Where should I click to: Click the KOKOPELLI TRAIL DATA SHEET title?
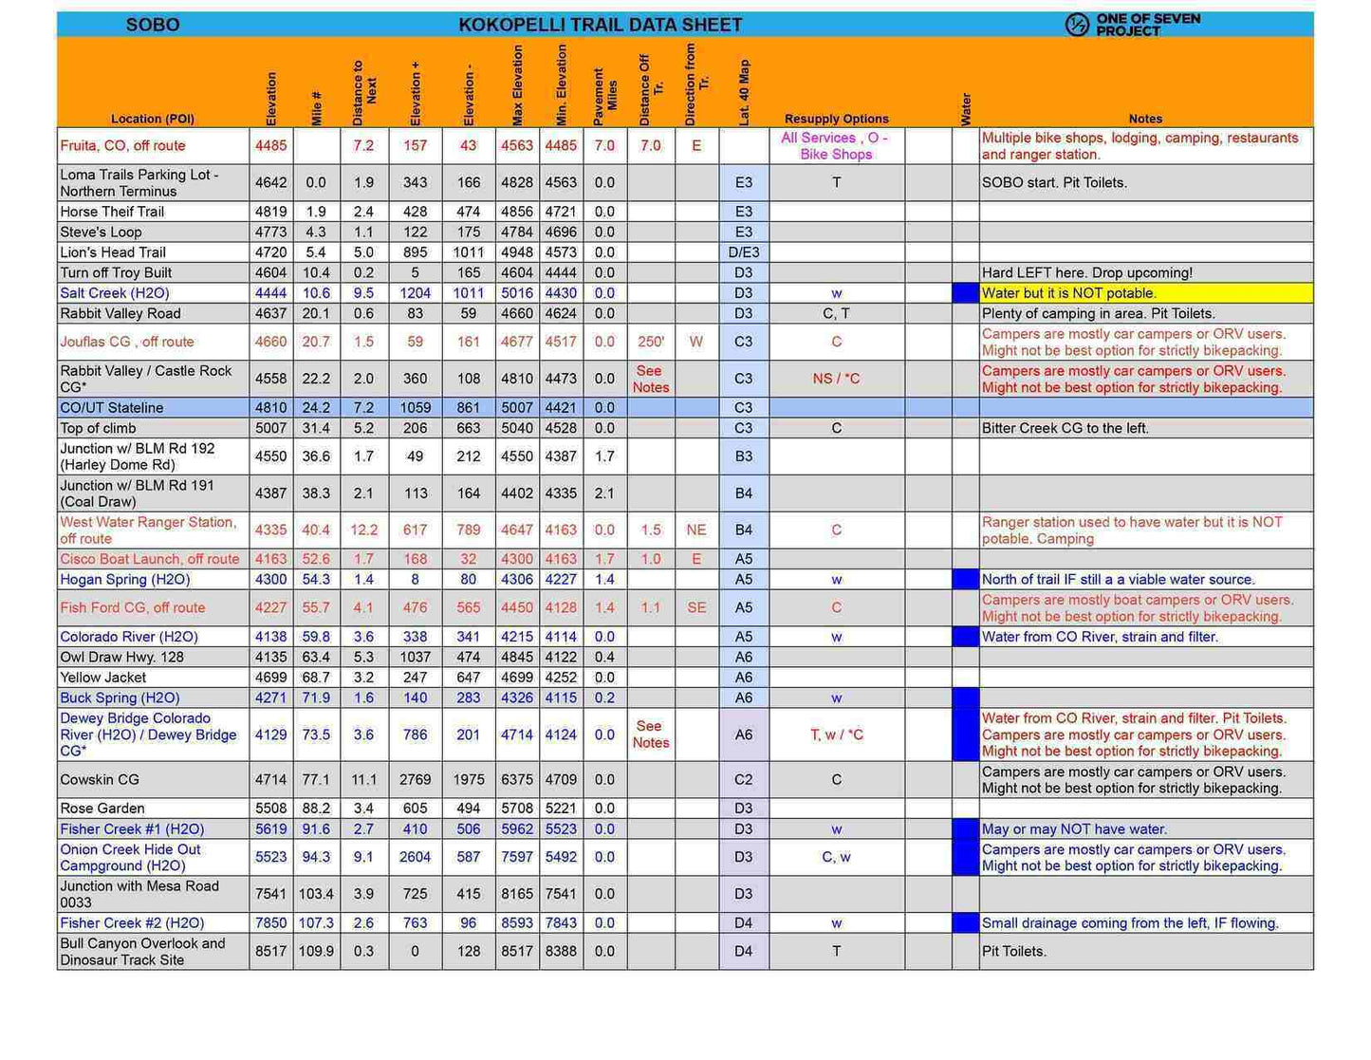coord(600,25)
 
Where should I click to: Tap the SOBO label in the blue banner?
coord(153,25)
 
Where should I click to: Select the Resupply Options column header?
coord(836,119)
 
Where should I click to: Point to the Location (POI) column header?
coord(153,119)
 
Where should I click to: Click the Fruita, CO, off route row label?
coord(122,145)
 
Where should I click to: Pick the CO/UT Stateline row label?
coord(112,408)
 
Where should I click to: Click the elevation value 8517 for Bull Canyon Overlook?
coord(270,951)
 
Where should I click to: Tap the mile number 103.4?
coord(316,894)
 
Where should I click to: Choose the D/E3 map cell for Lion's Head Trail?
coord(744,252)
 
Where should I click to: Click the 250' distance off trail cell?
coord(651,342)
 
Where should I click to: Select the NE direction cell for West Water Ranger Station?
coord(696,530)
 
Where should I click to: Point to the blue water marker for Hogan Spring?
coord(965,580)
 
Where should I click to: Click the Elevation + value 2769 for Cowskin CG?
coord(415,780)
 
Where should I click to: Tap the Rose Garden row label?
coord(102,809)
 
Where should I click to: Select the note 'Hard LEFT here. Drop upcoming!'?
coord(1087,273)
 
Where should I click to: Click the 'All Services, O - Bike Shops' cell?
coord(835,146)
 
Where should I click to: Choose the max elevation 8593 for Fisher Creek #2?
coord(517,923)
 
